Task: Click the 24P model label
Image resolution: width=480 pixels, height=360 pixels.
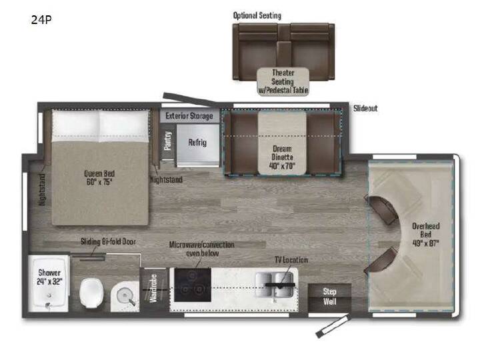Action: (41, 20)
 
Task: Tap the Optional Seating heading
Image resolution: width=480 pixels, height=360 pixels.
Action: (257, 15)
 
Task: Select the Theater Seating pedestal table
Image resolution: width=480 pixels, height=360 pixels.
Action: (283, 81)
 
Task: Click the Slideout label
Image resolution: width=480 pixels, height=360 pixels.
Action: (365, 109)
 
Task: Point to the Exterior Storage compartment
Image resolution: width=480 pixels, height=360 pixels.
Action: (189, 116)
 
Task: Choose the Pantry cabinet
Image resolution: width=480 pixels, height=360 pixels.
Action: (168, 141)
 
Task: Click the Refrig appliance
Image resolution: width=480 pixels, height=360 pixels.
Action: (198, 143)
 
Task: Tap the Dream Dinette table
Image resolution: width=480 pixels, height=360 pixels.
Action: (282, 143)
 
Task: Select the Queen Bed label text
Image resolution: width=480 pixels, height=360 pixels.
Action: (99, 177)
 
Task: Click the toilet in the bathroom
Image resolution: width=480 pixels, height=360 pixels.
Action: (91, 293)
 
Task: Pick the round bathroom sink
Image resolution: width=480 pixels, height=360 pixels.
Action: (125, 295)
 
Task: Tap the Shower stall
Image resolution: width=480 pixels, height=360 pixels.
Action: (49, 284)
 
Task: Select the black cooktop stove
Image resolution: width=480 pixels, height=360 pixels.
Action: (193, 285)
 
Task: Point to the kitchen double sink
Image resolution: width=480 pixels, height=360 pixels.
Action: (275, 285)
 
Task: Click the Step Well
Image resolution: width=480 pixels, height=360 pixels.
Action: (330, 297)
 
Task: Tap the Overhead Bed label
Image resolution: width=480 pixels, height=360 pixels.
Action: (426, 235)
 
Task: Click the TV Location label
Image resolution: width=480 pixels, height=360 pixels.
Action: (291, 260)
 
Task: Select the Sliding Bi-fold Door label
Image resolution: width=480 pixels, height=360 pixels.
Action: (108, 242)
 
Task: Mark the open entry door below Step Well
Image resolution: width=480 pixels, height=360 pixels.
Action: (333, 326)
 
